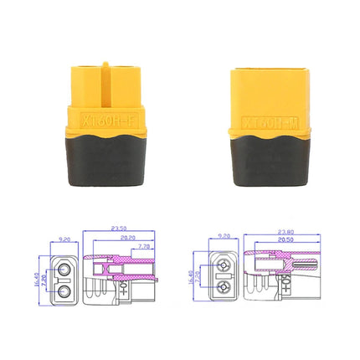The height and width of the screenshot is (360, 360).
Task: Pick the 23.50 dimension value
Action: tap(121, 229)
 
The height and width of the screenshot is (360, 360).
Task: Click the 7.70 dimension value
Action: tap(142, 246)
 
